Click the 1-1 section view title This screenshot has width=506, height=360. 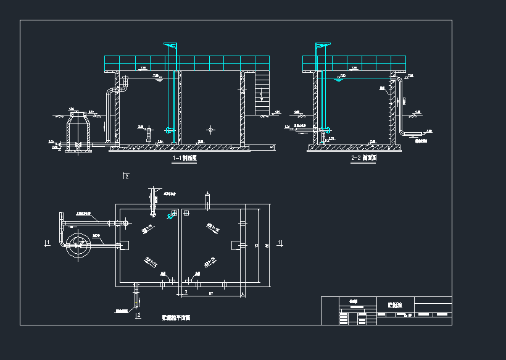click(184, 159)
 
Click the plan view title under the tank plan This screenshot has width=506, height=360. click(176, 318)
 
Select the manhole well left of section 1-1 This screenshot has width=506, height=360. click(78, 132)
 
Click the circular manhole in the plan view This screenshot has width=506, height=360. click(78, 245)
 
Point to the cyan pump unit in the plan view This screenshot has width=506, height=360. click(169, 217)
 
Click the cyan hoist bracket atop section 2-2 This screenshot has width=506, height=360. click(321, 46)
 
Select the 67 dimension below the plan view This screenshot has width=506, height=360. click(212, 293)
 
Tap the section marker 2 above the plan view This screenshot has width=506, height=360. click(126, 177)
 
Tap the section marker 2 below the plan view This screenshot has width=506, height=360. click(138, 315)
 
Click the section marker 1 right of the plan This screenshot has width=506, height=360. click(280, 243)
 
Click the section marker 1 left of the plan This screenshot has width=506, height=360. click(48, 243)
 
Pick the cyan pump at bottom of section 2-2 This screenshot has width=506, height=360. click(326, 130)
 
